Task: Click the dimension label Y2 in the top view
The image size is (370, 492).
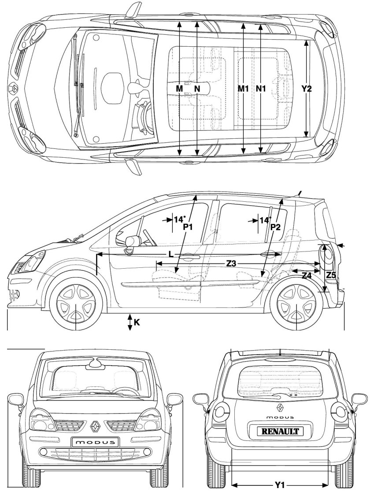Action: [307, 89]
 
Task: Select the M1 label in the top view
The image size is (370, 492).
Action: [244, 89]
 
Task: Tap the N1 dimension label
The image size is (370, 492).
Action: [261, 89]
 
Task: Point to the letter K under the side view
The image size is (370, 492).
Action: [137, 322]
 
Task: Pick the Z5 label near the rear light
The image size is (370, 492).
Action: [331, 275]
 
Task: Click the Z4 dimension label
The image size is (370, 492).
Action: [307, 275]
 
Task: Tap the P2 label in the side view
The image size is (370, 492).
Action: [276, 227]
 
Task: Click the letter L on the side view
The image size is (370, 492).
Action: [170, 254]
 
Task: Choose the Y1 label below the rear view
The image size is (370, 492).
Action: [279, 485]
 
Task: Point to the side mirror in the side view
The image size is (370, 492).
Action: [131, 243]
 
